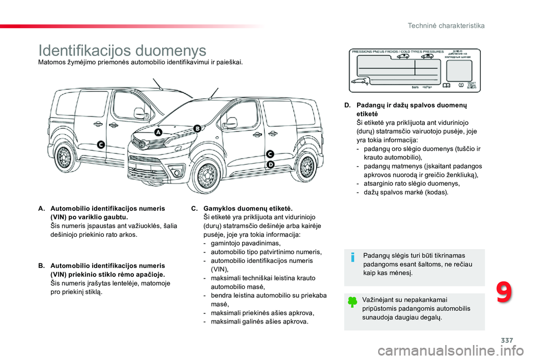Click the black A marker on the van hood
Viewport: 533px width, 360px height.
[158, 133]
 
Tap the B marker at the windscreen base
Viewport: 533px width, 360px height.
[197, 128]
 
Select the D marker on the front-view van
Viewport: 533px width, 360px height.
[270, 165]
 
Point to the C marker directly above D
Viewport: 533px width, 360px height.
[270, 154]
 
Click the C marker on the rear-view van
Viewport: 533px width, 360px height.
[101, 145]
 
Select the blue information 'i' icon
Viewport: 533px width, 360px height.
[353, 257]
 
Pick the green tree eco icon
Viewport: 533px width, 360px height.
[353, 302]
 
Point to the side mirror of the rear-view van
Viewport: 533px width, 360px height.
[140, 113]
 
